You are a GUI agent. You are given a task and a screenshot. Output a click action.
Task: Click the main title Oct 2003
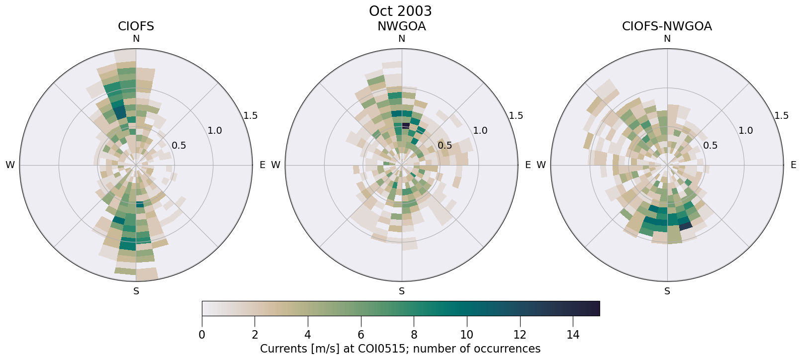[x=400, y=11]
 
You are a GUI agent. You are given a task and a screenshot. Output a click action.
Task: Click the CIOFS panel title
[x=136, y=26]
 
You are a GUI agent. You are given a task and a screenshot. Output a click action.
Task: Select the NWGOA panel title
[x=401, y=26]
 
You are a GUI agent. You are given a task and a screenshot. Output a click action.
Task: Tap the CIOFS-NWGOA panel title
[x=667, y=26]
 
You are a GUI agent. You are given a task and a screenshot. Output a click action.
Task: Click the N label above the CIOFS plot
[x=136, y=39]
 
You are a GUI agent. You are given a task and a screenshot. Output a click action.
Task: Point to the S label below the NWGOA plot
[x=402, y=291]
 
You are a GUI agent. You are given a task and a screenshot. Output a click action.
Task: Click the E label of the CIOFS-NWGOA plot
[x=793, y=165]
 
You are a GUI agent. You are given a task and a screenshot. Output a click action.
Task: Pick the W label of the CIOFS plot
[x=10, y=165]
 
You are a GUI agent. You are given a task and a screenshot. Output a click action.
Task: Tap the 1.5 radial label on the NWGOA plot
[x=516, y=116]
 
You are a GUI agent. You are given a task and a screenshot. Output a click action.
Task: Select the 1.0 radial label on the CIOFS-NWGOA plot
[x=746, y=131]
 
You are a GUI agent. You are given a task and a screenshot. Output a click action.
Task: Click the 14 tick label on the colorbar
[x=573, y=335]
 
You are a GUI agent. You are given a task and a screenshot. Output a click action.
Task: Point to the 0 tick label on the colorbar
[x=202, y=335]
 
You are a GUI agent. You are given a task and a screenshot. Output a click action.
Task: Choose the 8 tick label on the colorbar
[x=414, y=335]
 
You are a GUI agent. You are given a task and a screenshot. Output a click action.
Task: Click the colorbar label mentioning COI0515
[x=400, y=349]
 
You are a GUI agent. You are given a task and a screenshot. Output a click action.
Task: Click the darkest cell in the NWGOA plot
[x=406, y=125]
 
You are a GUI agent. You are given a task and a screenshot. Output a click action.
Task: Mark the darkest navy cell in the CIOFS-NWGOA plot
[x=686, y=226]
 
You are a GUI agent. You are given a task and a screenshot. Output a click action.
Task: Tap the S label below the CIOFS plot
[x=136, y=291]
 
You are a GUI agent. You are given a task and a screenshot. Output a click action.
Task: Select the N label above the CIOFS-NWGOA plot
[x=667, y=39]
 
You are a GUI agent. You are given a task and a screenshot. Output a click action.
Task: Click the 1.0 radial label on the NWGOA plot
[x=480, y=131]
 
